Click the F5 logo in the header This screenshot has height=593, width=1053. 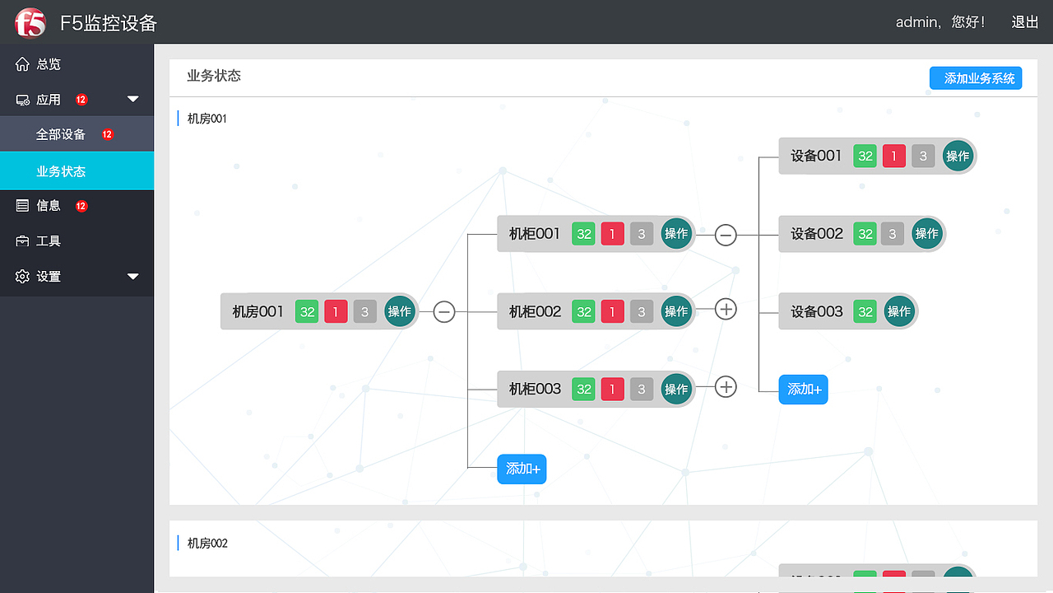point(30,22)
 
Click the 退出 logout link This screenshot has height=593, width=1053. point(1024,22)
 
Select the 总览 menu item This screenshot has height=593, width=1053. point(49,64)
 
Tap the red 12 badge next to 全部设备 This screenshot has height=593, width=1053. point(107,134)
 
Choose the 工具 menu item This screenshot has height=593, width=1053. point(49,241)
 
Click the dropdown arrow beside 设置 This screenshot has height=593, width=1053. point(133,276)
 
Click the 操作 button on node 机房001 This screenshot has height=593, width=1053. point(400,311)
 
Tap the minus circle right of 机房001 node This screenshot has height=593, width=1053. point(443,311)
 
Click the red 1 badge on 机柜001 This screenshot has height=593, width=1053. point(613,234)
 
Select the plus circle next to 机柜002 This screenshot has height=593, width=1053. point(726,309)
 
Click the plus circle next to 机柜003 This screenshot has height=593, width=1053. point(726,387)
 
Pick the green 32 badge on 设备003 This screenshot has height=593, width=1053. point(865,311)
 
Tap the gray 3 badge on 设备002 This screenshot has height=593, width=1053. point(893,234)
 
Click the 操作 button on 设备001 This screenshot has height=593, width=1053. point(958,156)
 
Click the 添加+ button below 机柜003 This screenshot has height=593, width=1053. point(522,469)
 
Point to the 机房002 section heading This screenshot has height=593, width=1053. point(207,543)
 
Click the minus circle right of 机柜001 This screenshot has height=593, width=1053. point(726,235)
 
